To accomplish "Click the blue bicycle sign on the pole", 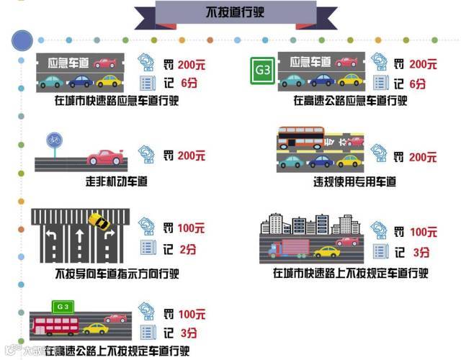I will (x=53, y=138).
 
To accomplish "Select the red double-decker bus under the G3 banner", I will (x=55, y=325).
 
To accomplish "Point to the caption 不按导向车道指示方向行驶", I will (x=117, y=274).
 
